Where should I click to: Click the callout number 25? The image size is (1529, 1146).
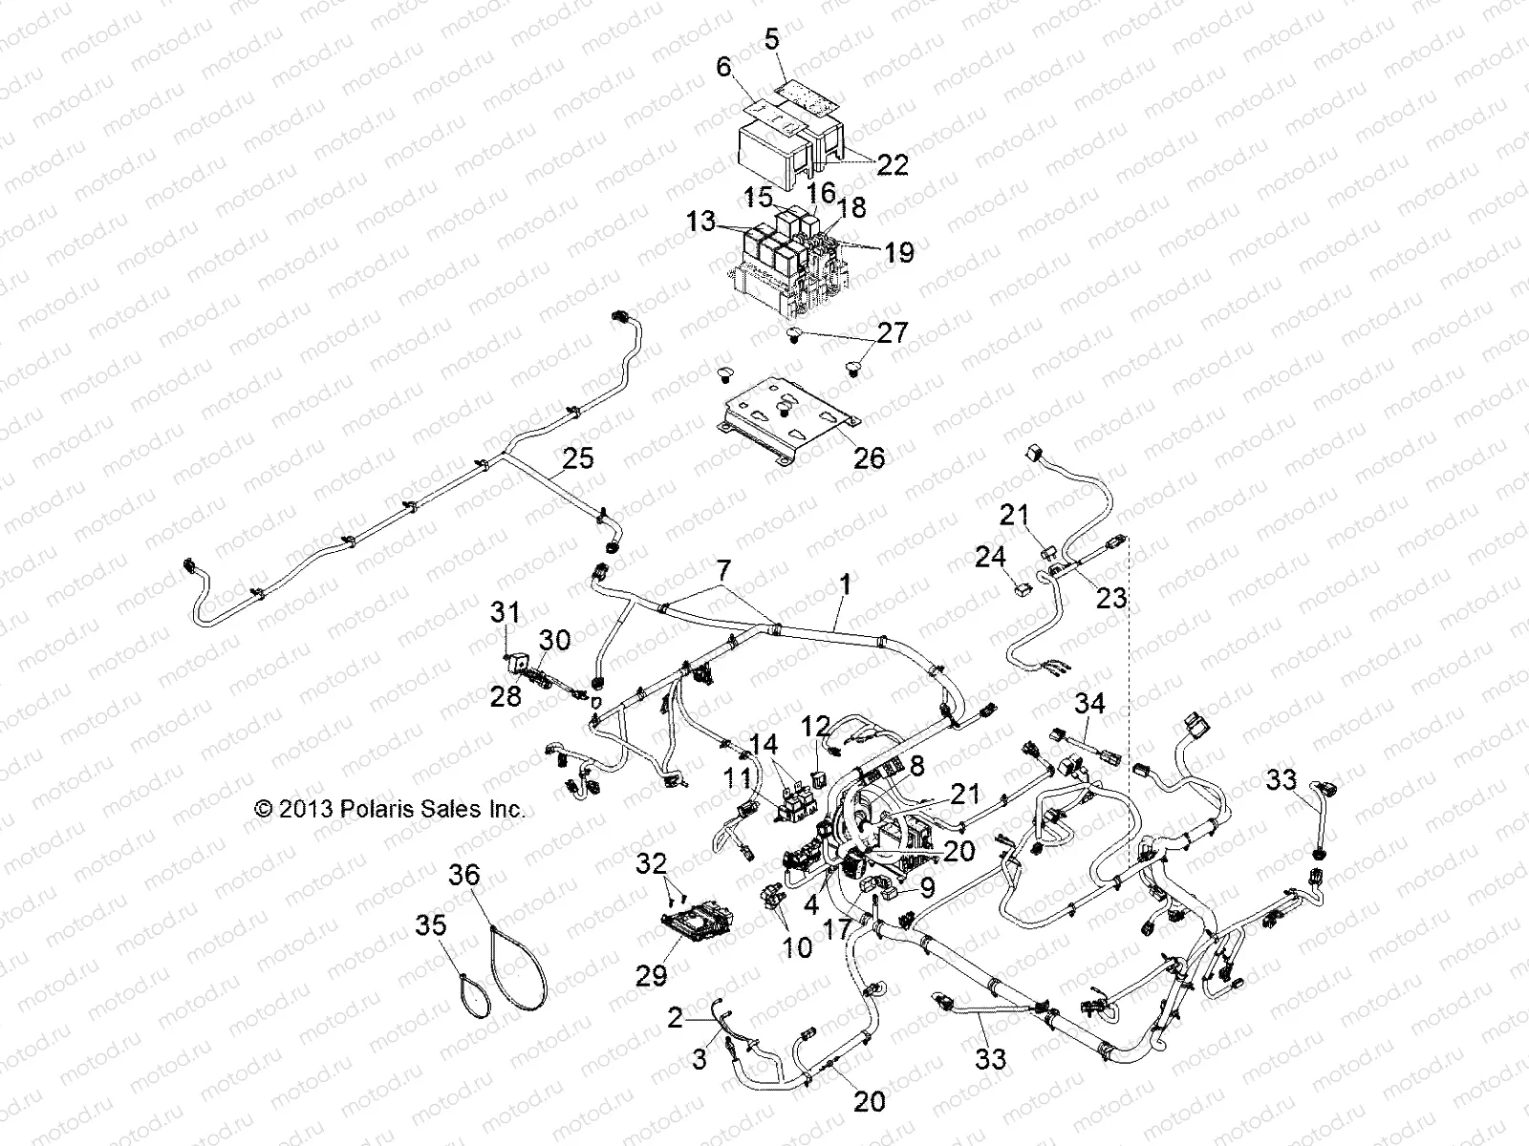click(x=577, y=460)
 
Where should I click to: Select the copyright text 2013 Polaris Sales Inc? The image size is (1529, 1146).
click(x=390, y=809)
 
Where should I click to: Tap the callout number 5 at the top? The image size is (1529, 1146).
click(x=771, y=40)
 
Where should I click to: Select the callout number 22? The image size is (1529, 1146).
click(x=894, y=164)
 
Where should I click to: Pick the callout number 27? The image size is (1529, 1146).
click(x=894, y=333)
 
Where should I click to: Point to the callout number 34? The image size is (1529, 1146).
click(x=1089, y=705)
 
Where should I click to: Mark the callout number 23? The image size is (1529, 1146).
click(x=1111, y=599)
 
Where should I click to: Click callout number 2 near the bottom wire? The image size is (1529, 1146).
click(x=676, y=1020)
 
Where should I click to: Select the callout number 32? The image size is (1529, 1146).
click(x=653, y=865)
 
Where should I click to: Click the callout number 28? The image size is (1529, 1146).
click(x=506, y=695)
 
